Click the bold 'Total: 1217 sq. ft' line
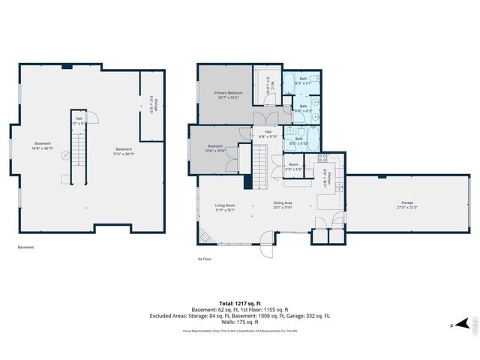[x=239, y=303]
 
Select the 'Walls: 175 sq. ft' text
[x=239, y=322]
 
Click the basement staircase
[x=79, y=157]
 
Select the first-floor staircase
[x=259, y=166]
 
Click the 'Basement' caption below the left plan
[x=25, y=247]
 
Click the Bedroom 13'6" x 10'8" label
[x=214, y=148]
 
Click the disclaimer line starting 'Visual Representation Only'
[x=239, y=331]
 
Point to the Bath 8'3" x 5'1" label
[x=303, y=82]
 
